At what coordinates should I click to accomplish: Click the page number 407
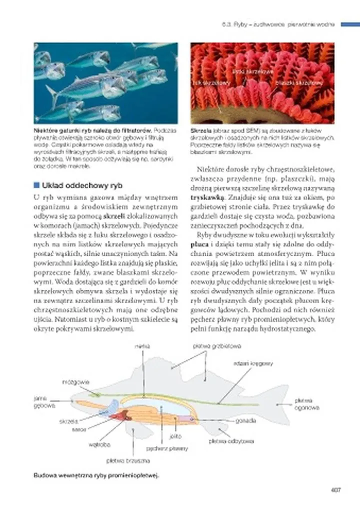tap(335, 490)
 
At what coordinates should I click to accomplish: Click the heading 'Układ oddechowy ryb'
tap(82, 184)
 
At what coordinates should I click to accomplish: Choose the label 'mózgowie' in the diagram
tap(75, 382)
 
